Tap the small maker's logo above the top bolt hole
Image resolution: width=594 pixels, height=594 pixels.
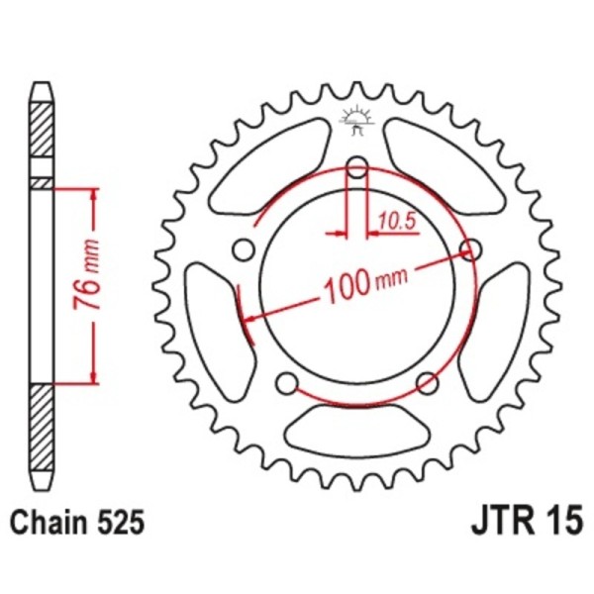pos(355,120)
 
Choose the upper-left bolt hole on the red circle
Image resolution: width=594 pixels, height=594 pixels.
pos(241,247)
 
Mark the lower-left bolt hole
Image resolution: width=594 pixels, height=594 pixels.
pos(285,383)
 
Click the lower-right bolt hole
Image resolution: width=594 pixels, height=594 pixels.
pos(428,383)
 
